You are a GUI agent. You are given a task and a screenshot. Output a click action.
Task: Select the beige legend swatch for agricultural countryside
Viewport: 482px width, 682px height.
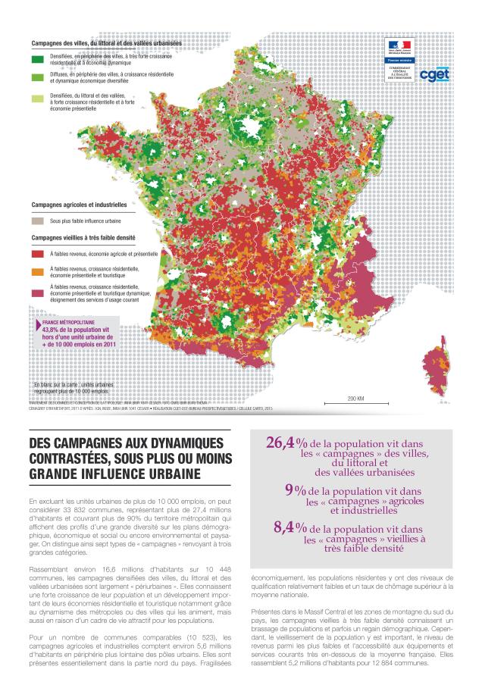pos(36,221)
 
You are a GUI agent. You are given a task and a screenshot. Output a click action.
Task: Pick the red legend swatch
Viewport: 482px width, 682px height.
pos(36,254)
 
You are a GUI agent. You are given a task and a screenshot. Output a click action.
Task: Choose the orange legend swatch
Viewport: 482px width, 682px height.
pos(36,271)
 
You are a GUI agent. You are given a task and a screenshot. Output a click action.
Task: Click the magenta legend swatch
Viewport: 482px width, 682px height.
pos(36,289)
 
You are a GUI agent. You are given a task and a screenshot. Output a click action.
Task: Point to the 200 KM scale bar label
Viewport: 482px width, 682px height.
pos(356,398)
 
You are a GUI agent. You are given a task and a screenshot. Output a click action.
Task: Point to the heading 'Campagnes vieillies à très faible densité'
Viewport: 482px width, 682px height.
pos(89,237)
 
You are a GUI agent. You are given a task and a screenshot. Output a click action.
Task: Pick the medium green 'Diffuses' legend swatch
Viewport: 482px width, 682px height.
pos(36,77)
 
